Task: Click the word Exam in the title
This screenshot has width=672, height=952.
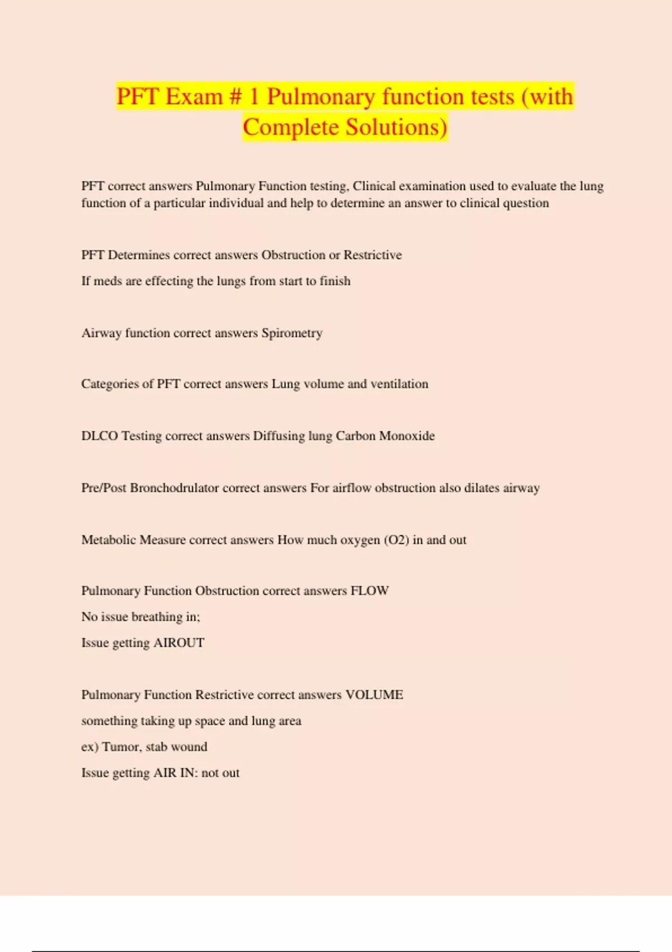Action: pyautogui.click(x=194, y=97)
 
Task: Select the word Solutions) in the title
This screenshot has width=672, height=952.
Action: pyautogui.click(x=395, y=127)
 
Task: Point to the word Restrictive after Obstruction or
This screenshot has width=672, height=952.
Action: pyautogui.click(x=372, y=255)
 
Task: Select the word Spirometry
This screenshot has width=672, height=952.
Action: pyautogui.click(x=292, y=333)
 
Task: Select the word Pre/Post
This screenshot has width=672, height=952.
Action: pyautogui.click(x=104, y=488)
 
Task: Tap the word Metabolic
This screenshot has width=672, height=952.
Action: pyautogui.click(x=109, y=540)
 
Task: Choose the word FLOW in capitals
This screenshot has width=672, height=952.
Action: pyautogui.click(x=370, y=591)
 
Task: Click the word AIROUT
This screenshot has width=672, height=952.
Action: pyautogui.click(x=179, y=643)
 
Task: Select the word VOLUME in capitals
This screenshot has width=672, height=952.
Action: pyautogui.click(x=374, y=695)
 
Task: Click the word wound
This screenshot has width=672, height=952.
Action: pyautogui.click(x=189, y=747)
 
